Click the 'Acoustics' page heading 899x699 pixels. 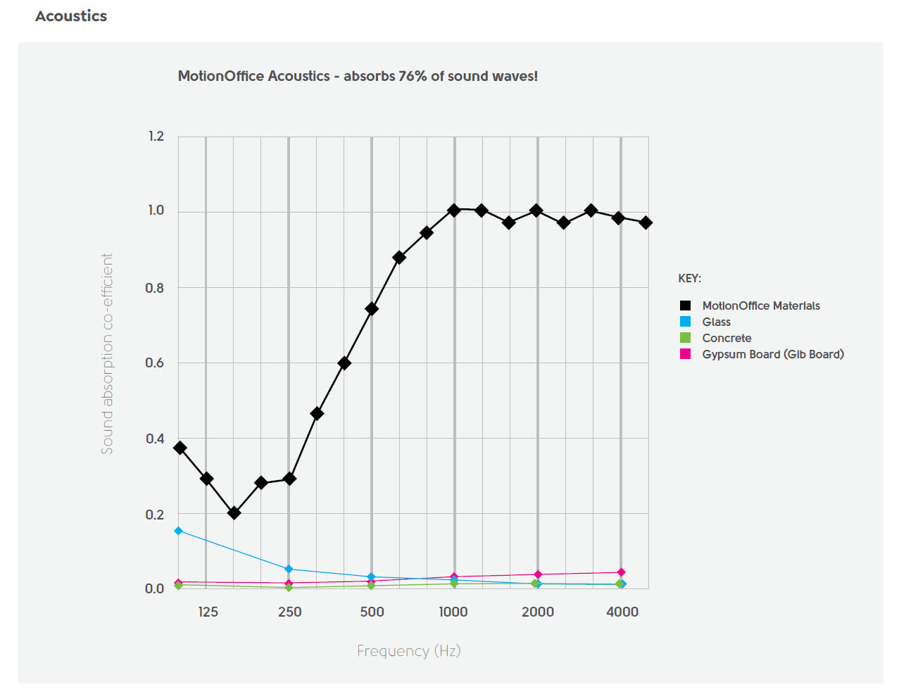coord(71,16)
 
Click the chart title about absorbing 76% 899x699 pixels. coord(358,76)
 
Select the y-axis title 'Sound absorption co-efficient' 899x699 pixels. coord(107,353)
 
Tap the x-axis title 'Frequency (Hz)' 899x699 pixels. coord(408,650)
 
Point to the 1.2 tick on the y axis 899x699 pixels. coord(156,136)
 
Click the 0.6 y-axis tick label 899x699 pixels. coord(155,363)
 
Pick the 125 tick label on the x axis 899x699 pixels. coord(208,612)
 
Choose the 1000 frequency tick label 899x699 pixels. coord(453,612)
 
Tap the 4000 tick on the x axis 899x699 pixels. coord(622,612)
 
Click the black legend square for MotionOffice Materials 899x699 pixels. coord(685,306)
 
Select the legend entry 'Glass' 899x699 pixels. coord(716,322)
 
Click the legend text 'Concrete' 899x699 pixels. coord(727,338)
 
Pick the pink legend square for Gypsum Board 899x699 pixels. coord(685,354)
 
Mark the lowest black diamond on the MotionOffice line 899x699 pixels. coord(234,513)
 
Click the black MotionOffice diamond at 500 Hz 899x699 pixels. coord(372,308)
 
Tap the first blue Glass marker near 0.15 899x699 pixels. coord(179,531)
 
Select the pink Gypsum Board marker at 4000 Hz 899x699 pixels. coord(621,572)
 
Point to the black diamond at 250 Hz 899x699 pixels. coord(289,479)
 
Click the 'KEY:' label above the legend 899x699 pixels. coord(689,278)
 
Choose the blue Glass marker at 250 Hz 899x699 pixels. coord(289,569)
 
